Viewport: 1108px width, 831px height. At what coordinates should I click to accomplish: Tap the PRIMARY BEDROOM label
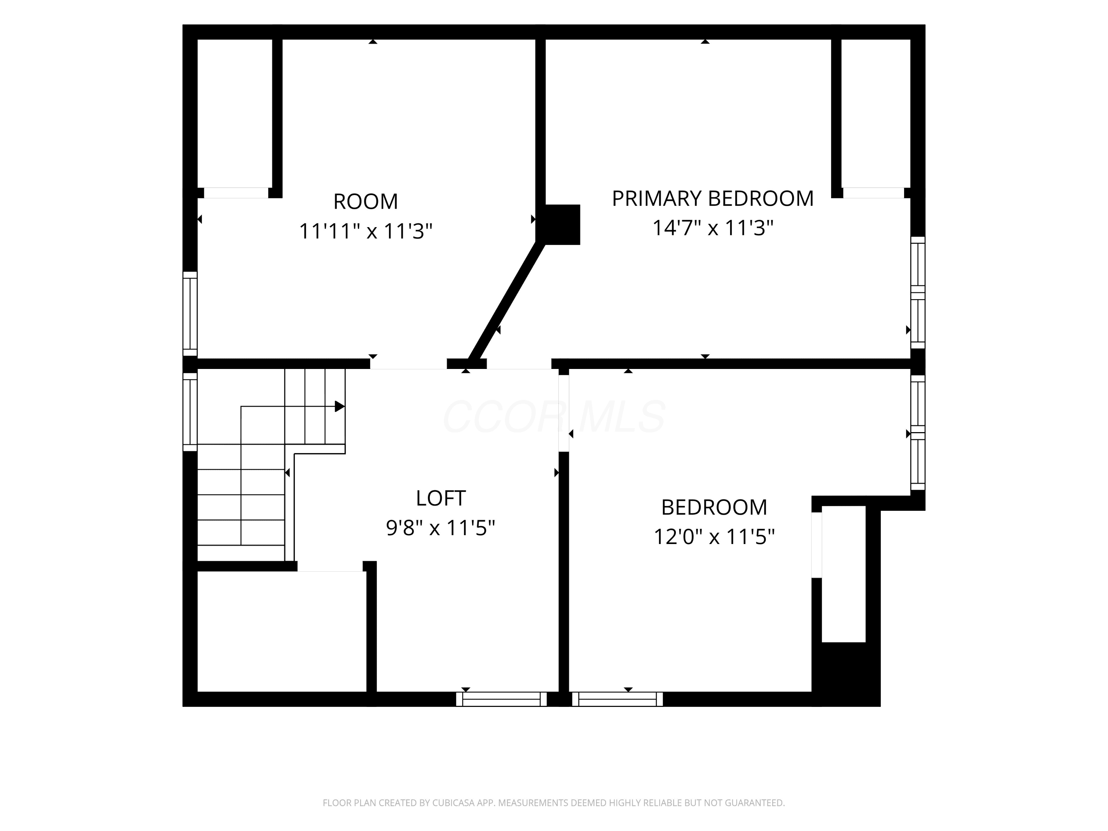713,199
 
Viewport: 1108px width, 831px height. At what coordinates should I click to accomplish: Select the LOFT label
441,498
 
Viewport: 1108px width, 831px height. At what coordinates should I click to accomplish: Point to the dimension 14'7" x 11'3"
713,228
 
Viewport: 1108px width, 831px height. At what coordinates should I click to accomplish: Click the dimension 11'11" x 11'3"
366,232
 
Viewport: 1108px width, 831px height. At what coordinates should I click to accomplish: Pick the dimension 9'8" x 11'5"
441,528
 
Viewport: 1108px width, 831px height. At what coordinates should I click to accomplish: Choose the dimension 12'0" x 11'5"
714,537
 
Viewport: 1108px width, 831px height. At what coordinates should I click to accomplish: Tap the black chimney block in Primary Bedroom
562,225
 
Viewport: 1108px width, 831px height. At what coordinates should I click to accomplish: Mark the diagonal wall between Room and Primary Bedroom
506,301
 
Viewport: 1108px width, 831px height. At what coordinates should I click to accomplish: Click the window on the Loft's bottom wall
502,699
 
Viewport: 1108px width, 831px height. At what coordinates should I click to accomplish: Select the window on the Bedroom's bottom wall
618,699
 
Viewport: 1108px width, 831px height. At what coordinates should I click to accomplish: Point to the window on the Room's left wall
190,314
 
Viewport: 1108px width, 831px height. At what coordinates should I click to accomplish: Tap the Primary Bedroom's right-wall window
918,293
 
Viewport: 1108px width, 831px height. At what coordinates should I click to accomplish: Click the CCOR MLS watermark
554,417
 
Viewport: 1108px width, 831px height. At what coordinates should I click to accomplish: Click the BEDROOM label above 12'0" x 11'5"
714,507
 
